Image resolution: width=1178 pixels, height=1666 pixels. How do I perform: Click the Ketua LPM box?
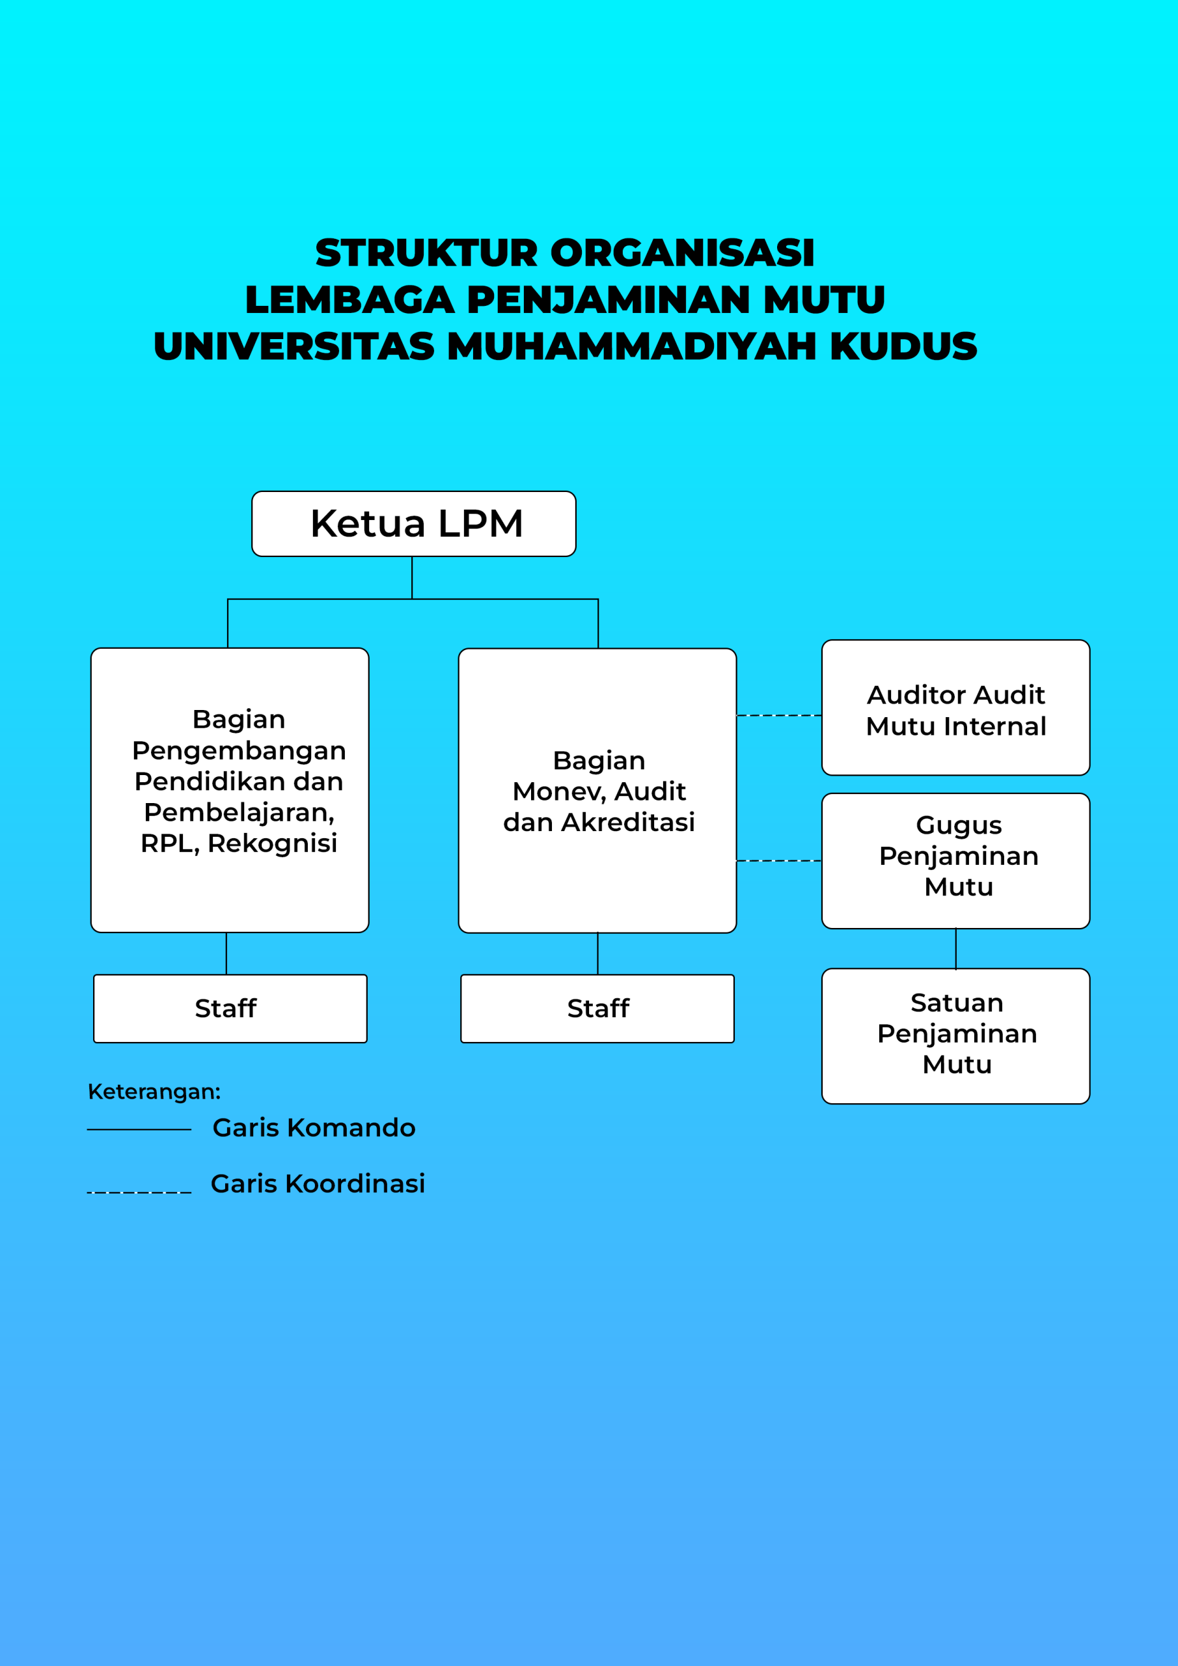pyautogui.click(x=414, y=524)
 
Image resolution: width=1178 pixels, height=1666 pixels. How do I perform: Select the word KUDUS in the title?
pyautogui.click(x=903, y=346)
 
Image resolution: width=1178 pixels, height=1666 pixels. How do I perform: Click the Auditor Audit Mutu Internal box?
pyautogui.click(x=955, y=708)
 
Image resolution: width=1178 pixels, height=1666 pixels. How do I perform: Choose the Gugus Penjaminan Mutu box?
pyautogui.click(x=955, y=860)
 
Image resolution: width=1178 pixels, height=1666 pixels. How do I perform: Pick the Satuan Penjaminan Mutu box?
pyautogui.click(x=955, y=1036)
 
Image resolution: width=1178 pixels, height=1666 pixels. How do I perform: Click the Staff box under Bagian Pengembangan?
pyautogui.click(x=230, y=1009)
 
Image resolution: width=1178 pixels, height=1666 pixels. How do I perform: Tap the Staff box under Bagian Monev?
pyautogui.click(x=597, y=1009)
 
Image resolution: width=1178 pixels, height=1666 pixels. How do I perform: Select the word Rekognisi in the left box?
pyautogui.click(x=272, y=844)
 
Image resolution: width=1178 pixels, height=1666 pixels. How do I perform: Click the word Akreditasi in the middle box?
pyautogui.click(x=628, y=823)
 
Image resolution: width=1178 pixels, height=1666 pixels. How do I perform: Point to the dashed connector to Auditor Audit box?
pyautogui.click(x=779, y=715)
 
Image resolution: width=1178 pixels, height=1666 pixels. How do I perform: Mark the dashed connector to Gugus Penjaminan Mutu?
pyautogui.click(x=779, y=860)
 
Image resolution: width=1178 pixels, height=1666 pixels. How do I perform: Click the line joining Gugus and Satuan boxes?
pyautogui.click(x=955, y=948)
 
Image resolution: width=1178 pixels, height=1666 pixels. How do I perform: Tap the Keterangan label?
pyautogui.click(x=154, y=1091)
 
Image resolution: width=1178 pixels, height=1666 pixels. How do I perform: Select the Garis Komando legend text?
pyautogui.click(x=314, y=1128)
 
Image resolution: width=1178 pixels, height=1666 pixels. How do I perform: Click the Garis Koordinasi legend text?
pyautogui.click(x=317, y=1184)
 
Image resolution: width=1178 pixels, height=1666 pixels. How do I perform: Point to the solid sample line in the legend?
pyautogui.click(x=139, y=1130)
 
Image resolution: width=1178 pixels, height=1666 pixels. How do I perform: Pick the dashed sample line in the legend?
pyautogui.click(x=139, y=1192)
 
